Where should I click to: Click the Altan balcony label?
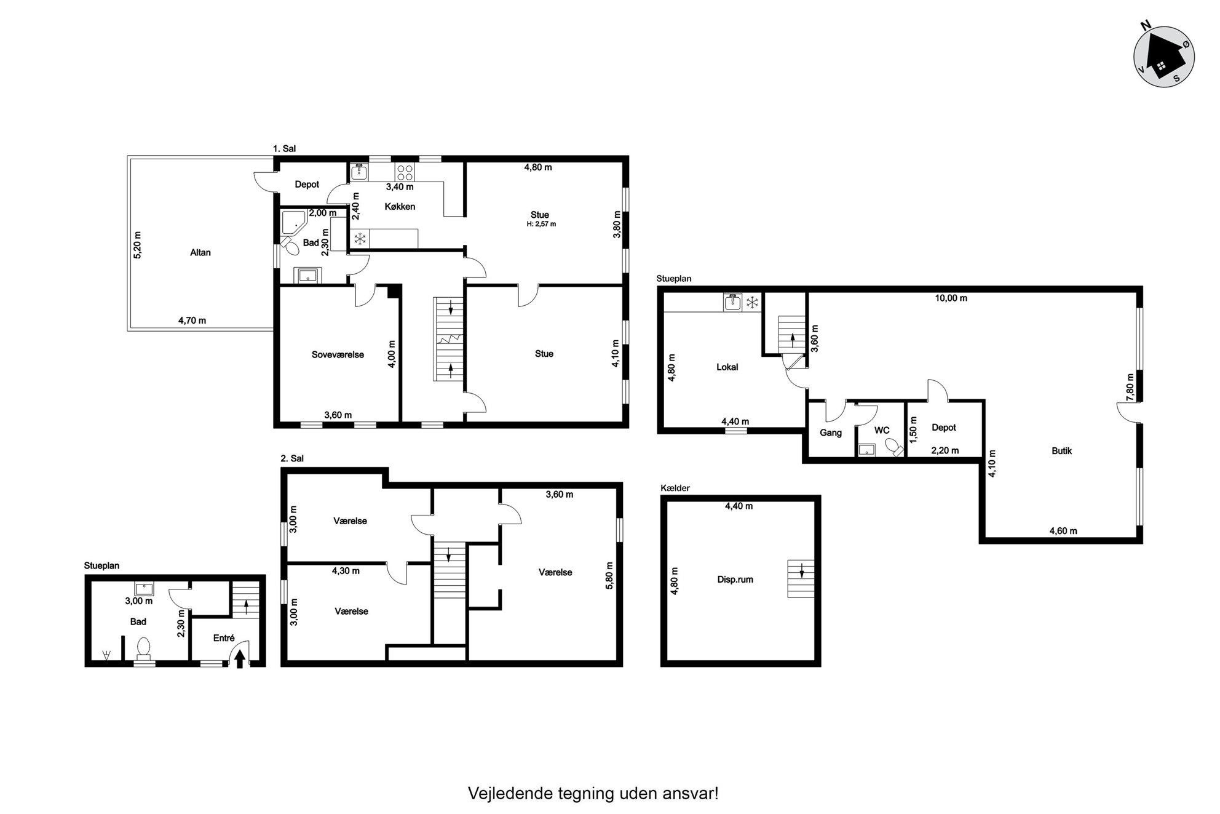[200, 252]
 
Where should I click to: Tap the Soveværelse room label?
[338, 354]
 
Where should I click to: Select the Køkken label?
[400, 206]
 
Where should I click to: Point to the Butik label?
[1061, 450]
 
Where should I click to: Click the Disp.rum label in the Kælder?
[735, 579]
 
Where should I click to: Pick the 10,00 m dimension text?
[951, 298]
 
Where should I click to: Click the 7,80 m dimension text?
[1130, 388]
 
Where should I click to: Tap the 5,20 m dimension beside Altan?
[137, 245]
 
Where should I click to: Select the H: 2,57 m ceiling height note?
[541, 224]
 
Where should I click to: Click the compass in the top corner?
[1163, 56]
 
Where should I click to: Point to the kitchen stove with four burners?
[404, 172]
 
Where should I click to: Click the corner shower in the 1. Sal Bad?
[294, 222]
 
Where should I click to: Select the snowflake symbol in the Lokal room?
[751, 302]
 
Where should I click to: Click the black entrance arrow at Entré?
[240, 658]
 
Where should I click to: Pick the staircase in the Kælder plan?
[801, 578]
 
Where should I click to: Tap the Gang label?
[830, 433]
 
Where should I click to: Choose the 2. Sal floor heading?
[292, 458]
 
